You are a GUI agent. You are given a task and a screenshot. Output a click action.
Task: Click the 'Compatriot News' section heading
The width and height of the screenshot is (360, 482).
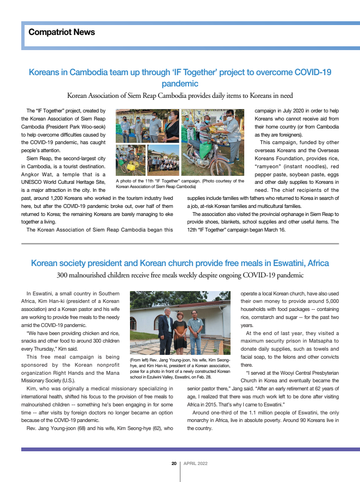61,32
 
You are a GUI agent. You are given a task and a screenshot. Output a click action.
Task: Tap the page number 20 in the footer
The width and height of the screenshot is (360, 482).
174,464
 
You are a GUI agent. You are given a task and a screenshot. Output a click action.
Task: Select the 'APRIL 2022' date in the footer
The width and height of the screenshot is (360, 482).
195,464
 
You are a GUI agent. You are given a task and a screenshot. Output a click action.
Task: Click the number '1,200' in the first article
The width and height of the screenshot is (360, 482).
61,198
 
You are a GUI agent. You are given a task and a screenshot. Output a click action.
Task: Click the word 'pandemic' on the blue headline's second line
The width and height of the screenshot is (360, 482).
180,84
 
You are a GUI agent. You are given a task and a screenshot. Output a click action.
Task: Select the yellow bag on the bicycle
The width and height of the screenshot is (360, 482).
128,166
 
